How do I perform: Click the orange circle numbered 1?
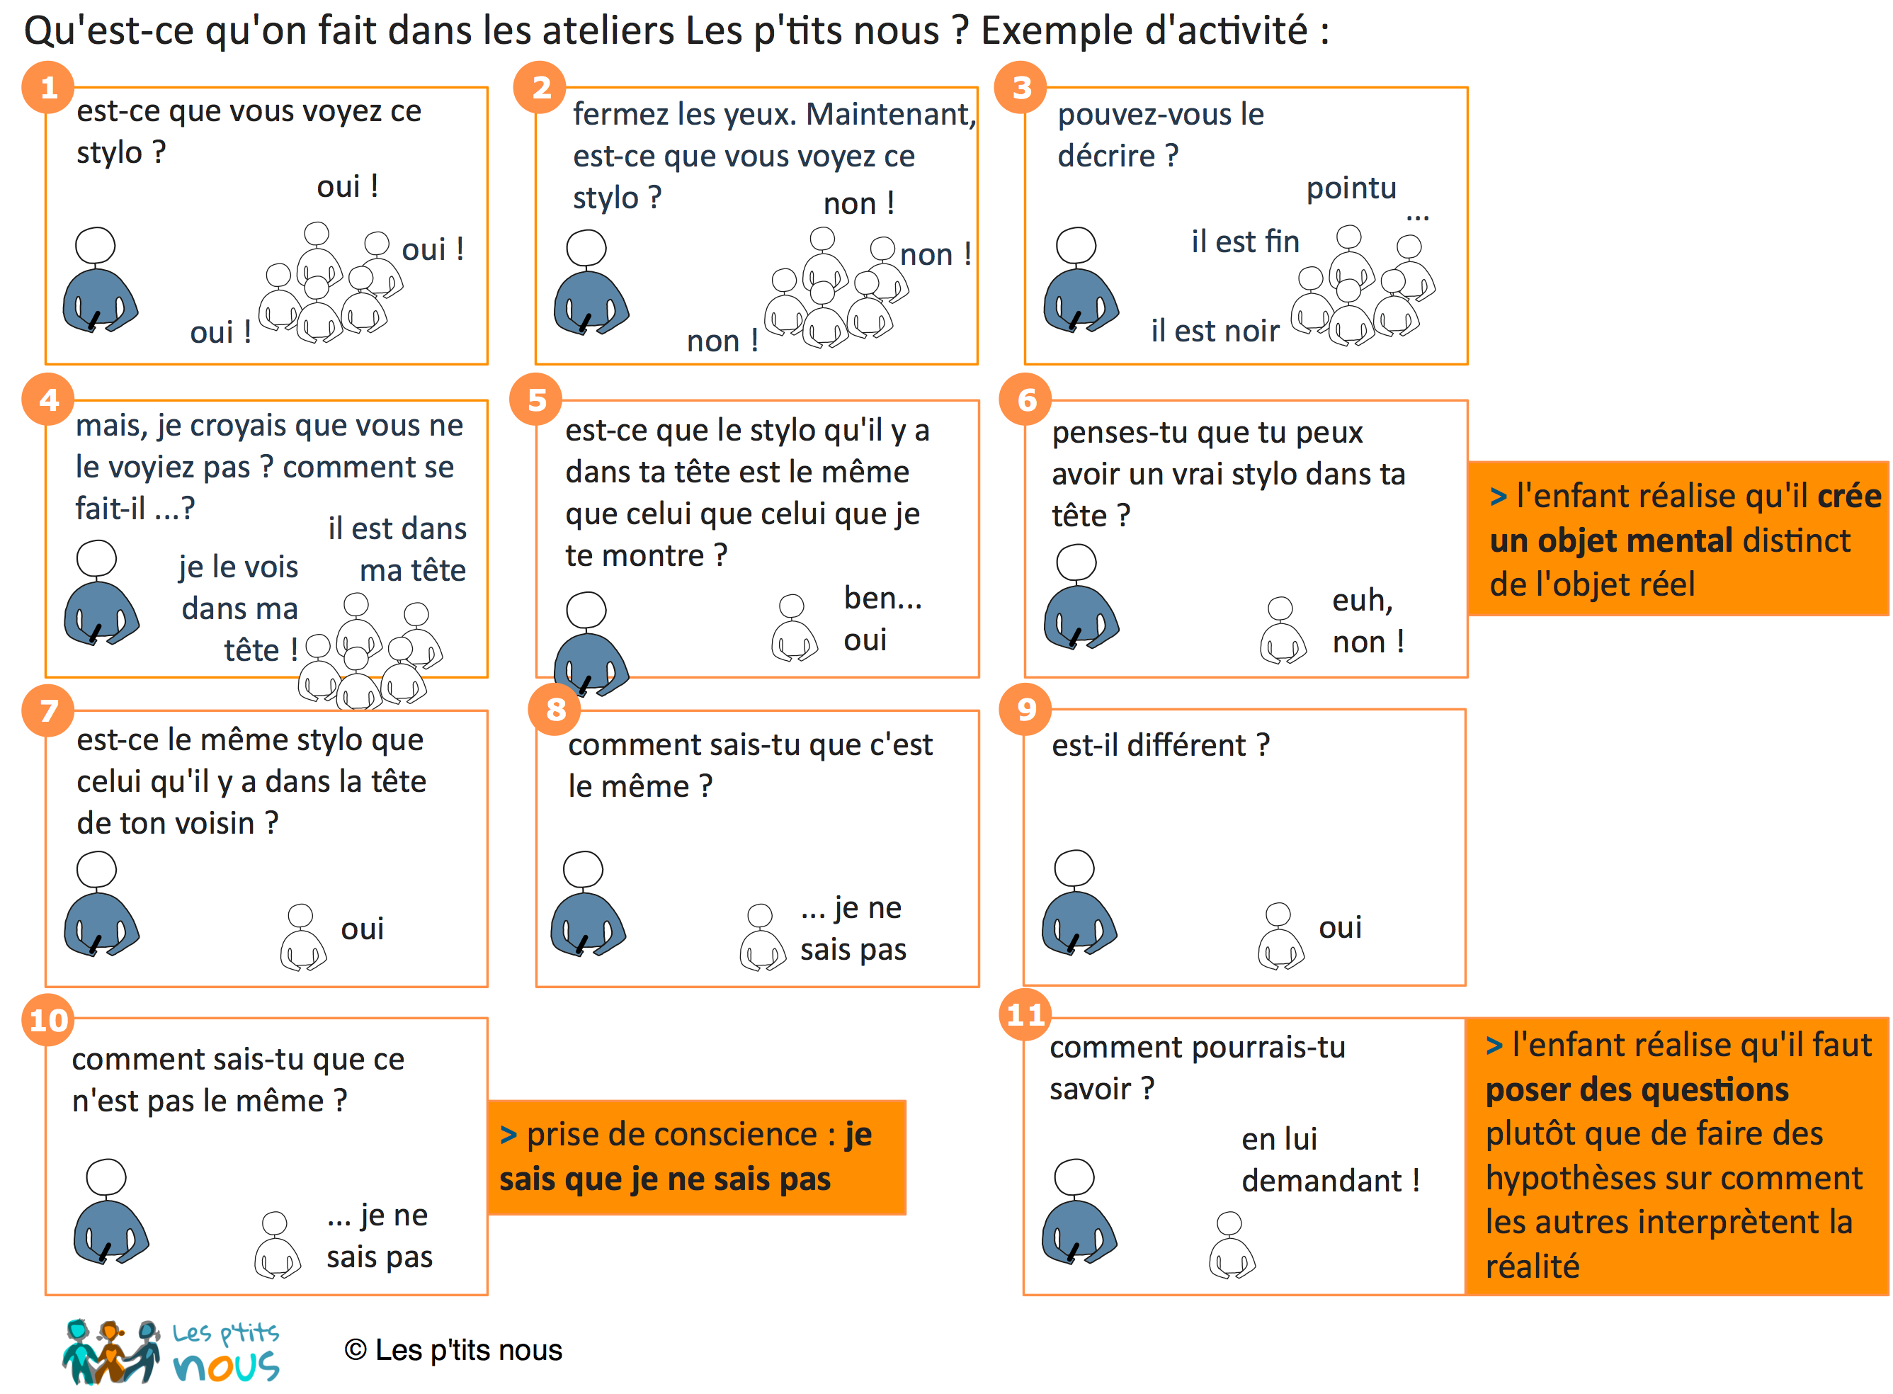tap(48, 87)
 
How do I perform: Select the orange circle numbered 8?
tap(555, 709)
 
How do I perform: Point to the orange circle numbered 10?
tap(48, 1019)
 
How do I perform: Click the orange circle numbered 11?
tap(1025, 1014)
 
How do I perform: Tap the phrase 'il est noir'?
tap(1215, 331)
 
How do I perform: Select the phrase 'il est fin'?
tap(1245, 242)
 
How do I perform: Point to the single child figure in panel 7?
tap(303, 936)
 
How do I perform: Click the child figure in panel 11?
tap(1232, 1245)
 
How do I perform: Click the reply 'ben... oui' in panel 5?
tap(882, 618)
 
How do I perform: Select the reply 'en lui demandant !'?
tap(1330, 1160)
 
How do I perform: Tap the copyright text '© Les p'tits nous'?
tap(453, 1350)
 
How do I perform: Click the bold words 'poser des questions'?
tap(1637, 1089)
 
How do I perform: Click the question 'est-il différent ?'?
tap(1160, 745)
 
